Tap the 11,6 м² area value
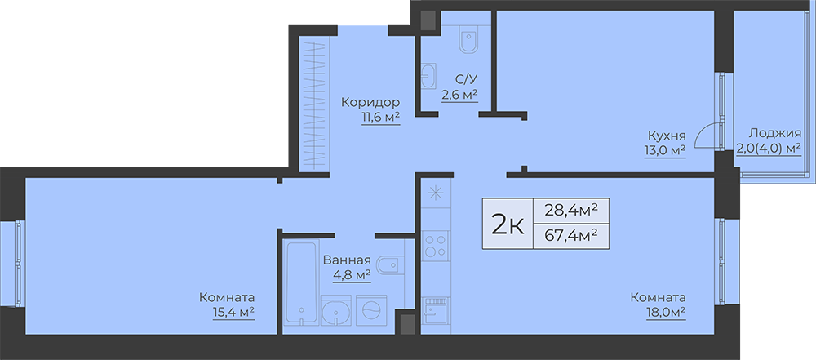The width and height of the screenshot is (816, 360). click(x=381, y=118)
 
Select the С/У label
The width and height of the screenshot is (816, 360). click(x=466, y=79)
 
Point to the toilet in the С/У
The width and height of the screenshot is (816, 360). click(x=468, y=40)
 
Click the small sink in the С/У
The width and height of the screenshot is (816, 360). click(x=428, y=76)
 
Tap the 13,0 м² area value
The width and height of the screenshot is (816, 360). click(x=664, y=151)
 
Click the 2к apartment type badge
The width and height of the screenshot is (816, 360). click(x=508, y=224)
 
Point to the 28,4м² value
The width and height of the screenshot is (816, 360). click(x=570, y=211)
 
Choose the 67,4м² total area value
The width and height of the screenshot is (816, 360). click(x=570, y=235)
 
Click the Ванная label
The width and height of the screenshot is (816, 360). click(x=347, y=260)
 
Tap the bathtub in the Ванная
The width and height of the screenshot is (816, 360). click(x=301, y=283)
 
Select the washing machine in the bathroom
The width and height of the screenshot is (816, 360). click(x=371, y=310)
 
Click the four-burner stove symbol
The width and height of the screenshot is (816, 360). click(x=436, y=246)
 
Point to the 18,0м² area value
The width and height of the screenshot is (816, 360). click(x=666, y=313)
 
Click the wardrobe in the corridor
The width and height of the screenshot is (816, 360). click(x=314, y=103)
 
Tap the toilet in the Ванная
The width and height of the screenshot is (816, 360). click(x=388, y=264)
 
